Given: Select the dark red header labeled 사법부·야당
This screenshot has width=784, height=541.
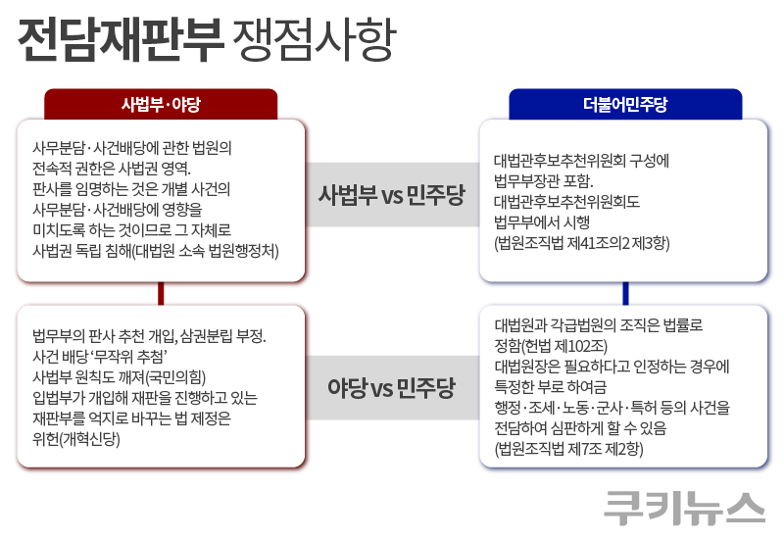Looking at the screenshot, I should click(161, 104).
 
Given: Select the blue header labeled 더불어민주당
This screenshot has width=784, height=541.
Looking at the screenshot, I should click(625, 104).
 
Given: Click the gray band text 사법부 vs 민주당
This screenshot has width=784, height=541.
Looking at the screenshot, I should click(391, 194).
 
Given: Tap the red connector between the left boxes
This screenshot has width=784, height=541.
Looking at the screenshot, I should click(161, 293).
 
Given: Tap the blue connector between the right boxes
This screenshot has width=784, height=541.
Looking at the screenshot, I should click(625, 293).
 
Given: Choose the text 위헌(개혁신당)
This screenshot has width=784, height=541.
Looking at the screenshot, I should click(75, 438).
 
